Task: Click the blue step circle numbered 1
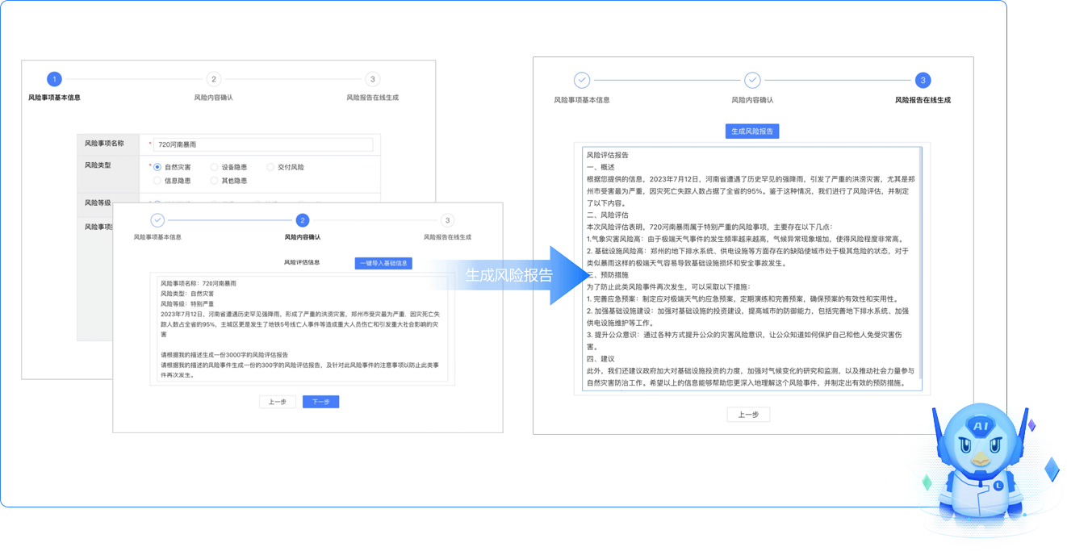click(54, 79)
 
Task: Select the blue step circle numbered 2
click(302, 220)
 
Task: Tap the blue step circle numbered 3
click(923, 80)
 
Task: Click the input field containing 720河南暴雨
click(263, 144)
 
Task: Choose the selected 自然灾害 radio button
click(157, 167)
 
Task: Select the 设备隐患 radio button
click(214, 167)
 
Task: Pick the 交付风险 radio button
click(270, 167)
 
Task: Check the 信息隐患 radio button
click(157, 181)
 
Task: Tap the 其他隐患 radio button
click(214, 181)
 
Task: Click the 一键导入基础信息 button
click(383, 263)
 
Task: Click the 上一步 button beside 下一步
click(277, 402)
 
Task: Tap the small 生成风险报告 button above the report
click(751, 131)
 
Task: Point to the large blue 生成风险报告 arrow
click(513, 275)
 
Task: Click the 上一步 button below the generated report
click(748, 415)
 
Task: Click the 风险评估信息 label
click(302, 262)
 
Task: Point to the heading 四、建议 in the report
click(600, 358)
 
